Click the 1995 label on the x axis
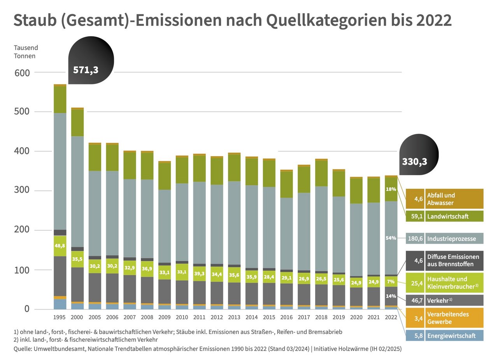click(x=60, y=317)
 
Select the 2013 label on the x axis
click(x=234, y=317)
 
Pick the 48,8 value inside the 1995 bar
click(x=60, y=246)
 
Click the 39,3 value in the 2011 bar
click(x=199, y=274)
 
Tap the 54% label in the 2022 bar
click(x=391, y=238)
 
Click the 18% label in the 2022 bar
click(x=391, y=190)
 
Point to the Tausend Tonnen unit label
click(x=26, y=52)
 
